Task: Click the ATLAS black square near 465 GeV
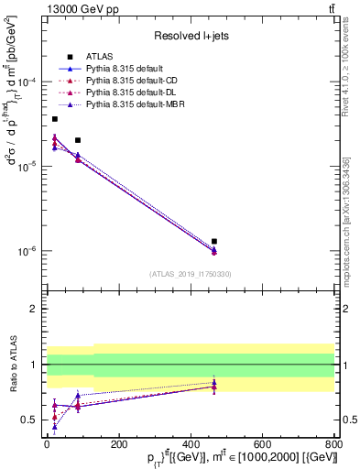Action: [214, 241]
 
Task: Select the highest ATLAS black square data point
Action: [55, 119]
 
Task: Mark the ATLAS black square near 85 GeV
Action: [78, 140]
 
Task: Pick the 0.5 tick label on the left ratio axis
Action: [31, 420]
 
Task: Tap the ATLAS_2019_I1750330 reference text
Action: [190, 274]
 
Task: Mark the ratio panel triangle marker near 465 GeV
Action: [214, 386]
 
